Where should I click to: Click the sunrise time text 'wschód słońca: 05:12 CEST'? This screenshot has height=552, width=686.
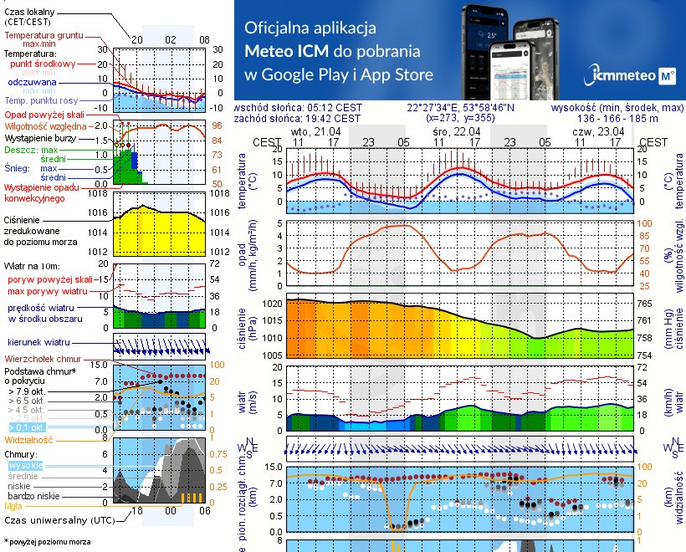299,108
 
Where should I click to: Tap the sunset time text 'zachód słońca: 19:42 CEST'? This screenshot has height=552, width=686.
299,119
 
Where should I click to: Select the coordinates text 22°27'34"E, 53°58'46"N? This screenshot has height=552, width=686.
461,108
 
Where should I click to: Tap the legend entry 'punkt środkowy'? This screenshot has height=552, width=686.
44,64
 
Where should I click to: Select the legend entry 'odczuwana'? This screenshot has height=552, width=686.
32,83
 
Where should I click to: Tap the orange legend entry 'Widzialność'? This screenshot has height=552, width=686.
29,439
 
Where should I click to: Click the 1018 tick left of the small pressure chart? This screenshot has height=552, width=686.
97,194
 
